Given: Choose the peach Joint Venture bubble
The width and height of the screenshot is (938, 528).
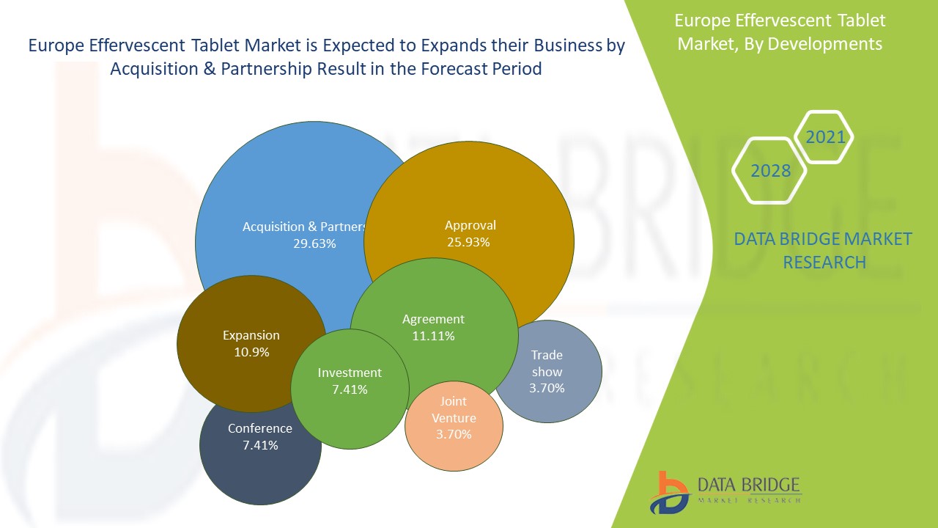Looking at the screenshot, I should tap(454, 426).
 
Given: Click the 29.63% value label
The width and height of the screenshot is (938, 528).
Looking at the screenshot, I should tap(314, 243).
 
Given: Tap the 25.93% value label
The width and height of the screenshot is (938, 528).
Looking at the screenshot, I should tap(468, 242).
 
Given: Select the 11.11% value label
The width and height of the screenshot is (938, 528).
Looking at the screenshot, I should tap(433, 336).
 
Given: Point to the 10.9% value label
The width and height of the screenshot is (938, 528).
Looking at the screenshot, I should tap(251, 352).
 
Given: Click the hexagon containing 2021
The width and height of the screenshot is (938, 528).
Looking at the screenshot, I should tap(825, 137).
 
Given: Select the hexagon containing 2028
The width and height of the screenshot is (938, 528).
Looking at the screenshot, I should tap(771, 171).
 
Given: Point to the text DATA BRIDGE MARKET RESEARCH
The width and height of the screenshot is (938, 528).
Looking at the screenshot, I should tap(824, 250).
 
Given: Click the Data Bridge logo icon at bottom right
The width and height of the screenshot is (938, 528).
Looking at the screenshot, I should tap(669, 492).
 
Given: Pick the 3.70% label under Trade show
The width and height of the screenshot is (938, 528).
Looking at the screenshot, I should tap(547, 388).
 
